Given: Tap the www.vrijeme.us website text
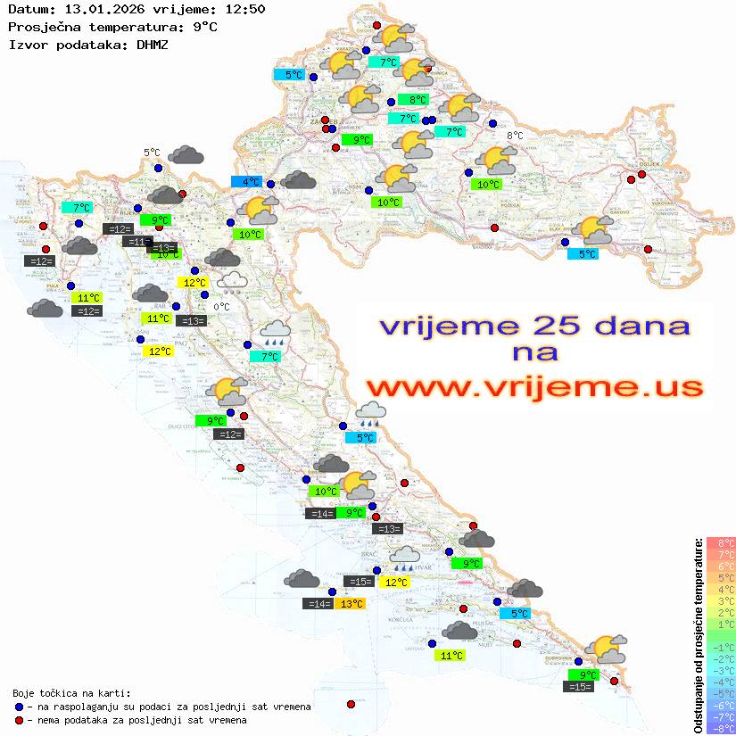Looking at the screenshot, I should pos(533,386).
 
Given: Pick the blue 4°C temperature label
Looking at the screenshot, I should pos(247,181).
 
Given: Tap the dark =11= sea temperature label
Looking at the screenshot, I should pos(137,242).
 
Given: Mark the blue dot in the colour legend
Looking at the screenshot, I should pos(20,707).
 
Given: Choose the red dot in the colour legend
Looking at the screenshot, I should pos(20,720).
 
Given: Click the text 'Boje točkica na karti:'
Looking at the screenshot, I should pos(71,693).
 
